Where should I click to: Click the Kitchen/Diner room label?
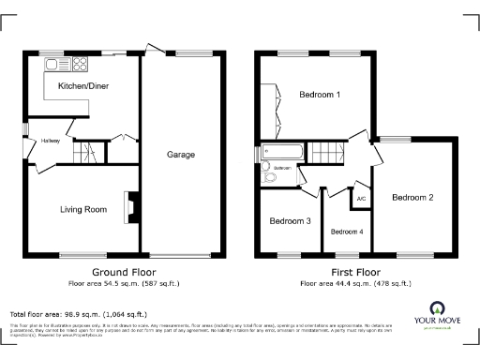pos(82,85)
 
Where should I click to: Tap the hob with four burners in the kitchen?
pos(77,66)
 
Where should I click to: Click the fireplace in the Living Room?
pos(132,206)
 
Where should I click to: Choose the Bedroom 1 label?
pos(319,95)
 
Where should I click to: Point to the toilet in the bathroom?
pos(269,175)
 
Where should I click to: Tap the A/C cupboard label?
pos(361,198)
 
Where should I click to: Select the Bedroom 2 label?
pos(412,198)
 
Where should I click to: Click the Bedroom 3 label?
pos(289,221)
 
